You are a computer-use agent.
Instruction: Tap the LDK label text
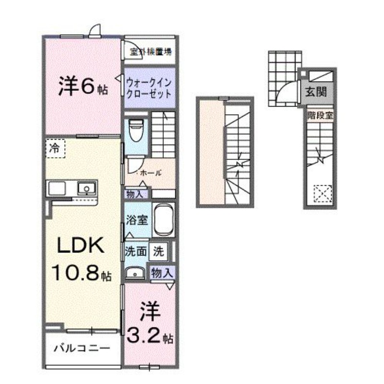pos(80,246)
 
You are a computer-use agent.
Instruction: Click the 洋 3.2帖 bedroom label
pos(149,324)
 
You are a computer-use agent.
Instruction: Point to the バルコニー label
pos(82,347)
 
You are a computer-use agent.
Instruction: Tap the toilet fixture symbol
pos(136,130)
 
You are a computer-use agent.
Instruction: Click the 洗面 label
pos(135,251)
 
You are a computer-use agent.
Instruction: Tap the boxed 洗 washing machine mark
pos(158,250)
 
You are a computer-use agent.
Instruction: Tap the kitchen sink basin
pos(86,188)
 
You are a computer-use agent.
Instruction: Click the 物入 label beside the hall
pos(135,194)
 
